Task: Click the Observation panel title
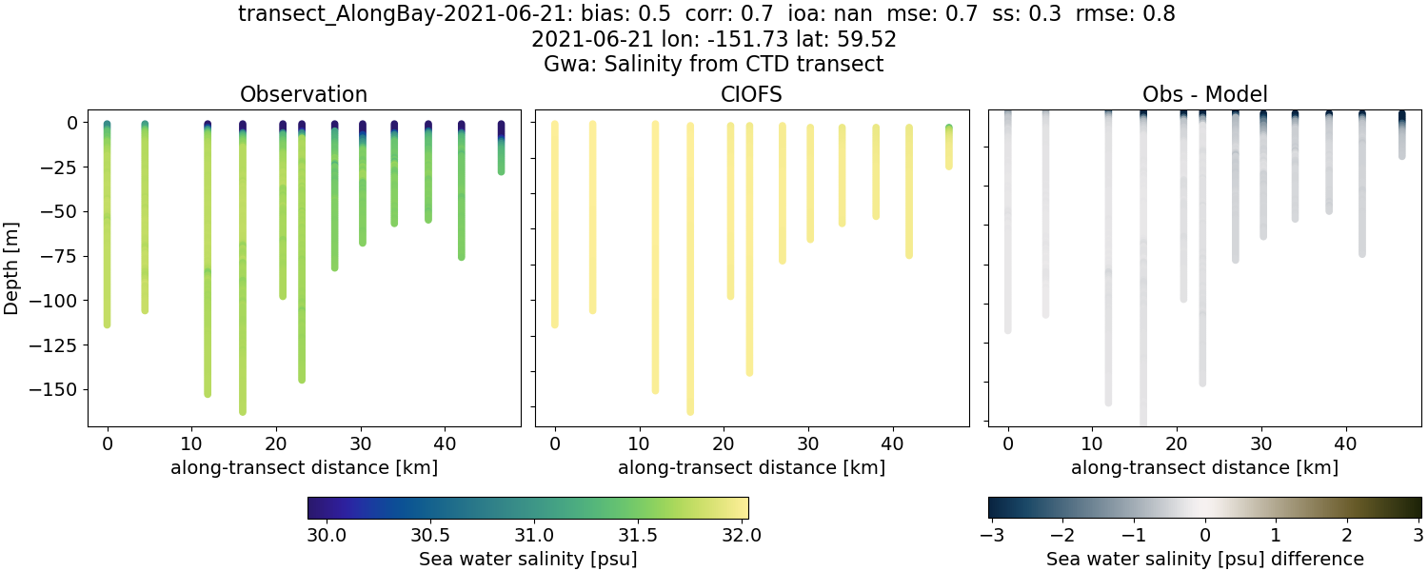click(x=304, y=94)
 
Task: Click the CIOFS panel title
click(x=751, y=94)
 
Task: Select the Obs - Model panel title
click(x=1204, y=94)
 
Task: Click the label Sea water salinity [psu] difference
click(x=1204, y=559)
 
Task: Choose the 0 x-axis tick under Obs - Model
click(x=1008, y=443)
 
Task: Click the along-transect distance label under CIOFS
click(x=751, y=467)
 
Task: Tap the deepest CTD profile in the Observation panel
click(x=243, y=285)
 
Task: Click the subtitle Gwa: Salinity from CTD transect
click(x=713, y=65)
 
